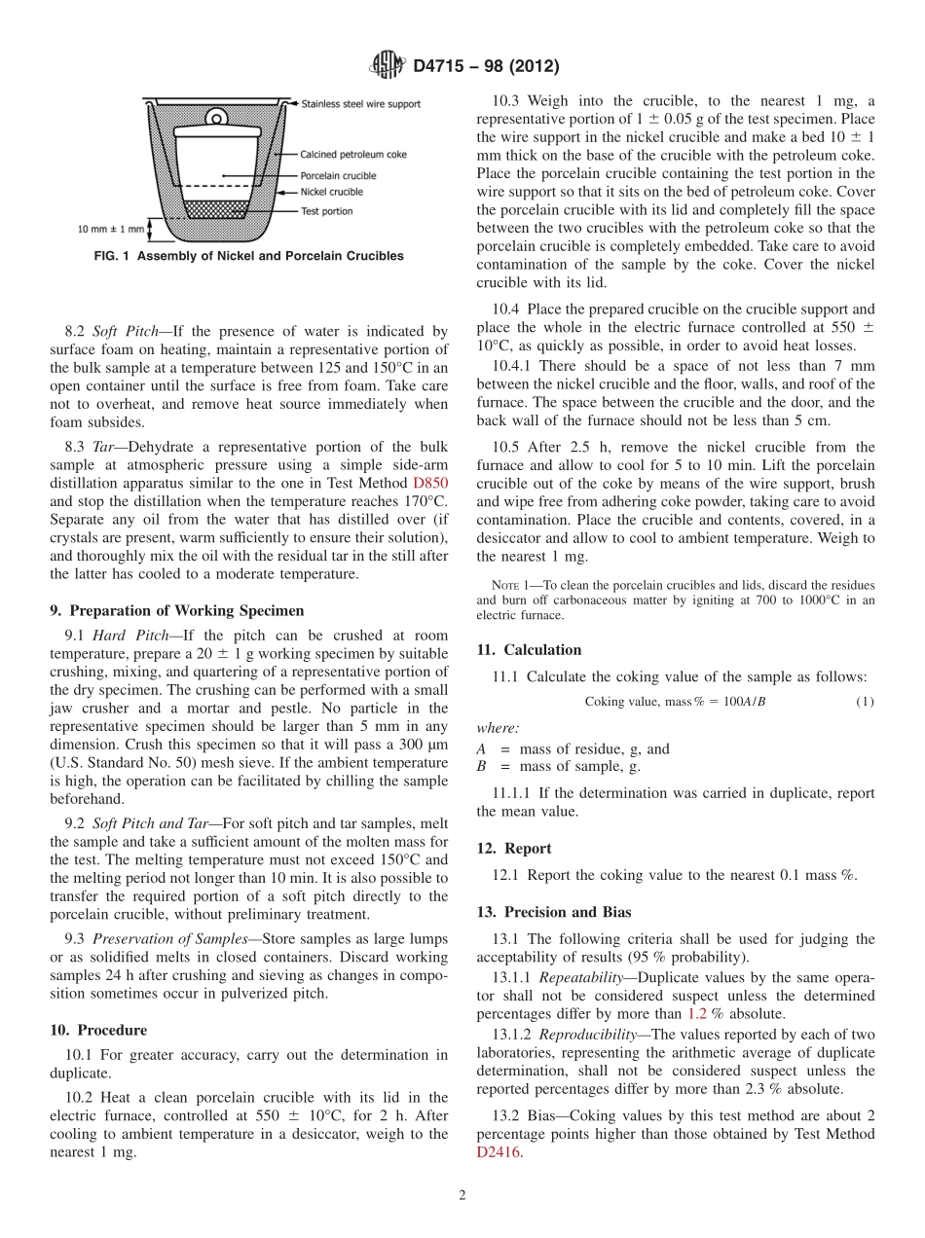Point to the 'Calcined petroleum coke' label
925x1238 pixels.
353,154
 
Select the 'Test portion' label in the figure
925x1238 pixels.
326,211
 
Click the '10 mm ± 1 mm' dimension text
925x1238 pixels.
110,230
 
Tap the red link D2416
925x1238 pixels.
499,1152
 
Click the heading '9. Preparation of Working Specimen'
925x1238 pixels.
176,611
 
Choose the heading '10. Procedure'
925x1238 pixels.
98,1030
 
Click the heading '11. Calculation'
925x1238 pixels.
529,650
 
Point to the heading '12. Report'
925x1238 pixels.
514,848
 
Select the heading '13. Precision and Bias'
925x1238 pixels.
554,912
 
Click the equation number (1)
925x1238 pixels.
865,702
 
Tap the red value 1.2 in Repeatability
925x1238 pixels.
697,1013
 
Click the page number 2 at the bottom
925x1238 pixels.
462,1195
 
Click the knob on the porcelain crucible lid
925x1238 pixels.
217,117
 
